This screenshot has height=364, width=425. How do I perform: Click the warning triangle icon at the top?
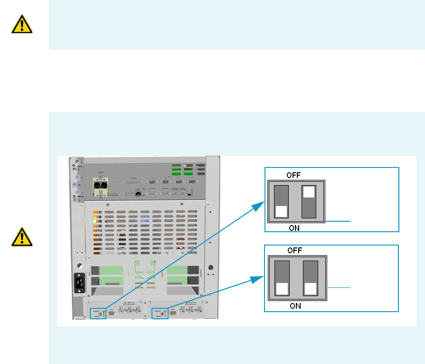click(x=22, y=24)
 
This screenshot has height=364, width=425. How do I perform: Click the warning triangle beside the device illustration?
click(x=22, y=236)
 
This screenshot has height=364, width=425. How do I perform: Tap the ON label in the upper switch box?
click(x=294, y=228)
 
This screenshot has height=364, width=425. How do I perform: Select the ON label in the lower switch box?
click(x=295, y=306)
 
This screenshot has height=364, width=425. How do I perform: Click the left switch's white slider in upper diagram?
click(x=282, y=211)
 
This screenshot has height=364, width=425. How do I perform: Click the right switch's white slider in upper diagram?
click(x=309, y=191)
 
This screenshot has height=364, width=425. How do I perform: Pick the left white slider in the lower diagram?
click(x=282, y=288)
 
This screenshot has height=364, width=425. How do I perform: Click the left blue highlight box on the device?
click(x=97, y=314)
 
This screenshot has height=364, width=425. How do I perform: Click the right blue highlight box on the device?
click(x=160, y=314)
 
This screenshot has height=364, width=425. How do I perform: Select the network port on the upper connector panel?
click(x=137, y=194)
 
